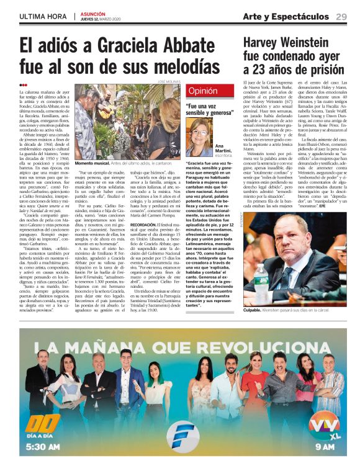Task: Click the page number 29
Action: tap(341, 16)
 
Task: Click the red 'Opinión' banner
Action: tap(202, 91)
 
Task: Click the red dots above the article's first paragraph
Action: tap(23, 86)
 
